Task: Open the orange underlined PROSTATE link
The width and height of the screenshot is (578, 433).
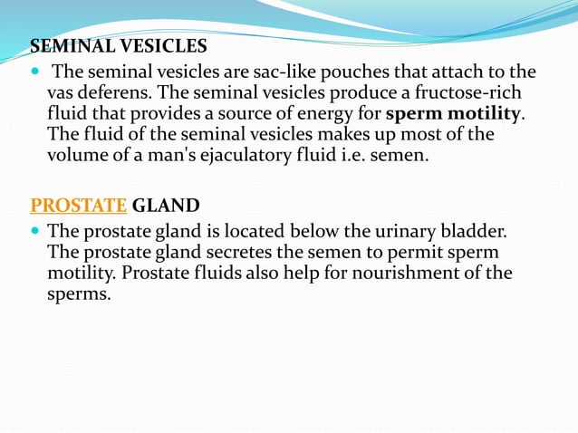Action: [79, 205]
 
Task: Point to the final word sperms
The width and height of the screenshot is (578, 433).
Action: [78, 294]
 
